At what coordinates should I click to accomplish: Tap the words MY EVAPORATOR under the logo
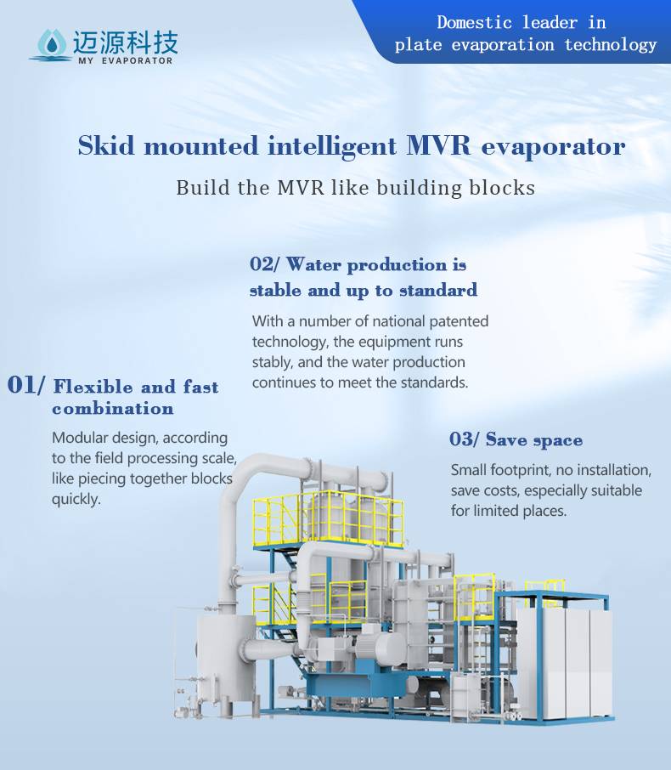point(125,61)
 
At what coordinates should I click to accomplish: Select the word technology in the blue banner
point(610,45)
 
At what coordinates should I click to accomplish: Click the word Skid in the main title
point(106,146)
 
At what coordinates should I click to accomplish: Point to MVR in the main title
point(438,146)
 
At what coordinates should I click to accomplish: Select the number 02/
point(264,264)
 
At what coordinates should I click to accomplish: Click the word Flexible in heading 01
point(93,387)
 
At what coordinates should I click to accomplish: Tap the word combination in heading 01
point(113,409)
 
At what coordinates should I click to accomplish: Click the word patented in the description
point(459,321)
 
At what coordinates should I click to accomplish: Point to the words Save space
point(534,440)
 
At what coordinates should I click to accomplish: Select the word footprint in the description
point(521,471)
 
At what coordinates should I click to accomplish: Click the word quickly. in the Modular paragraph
point(76,500)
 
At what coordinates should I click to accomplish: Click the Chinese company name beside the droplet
point(126,42)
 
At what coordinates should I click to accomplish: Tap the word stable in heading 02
point(275,290)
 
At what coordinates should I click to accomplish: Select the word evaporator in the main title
point(553,147)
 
